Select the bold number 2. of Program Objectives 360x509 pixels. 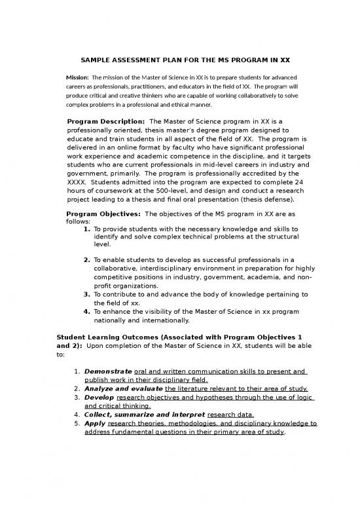pyautogui.click(x=87, y=259)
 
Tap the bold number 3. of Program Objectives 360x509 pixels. pyautogui.click(x=87, y=294)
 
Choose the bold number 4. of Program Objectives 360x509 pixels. pyautogui.click(x=87, y=311)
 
